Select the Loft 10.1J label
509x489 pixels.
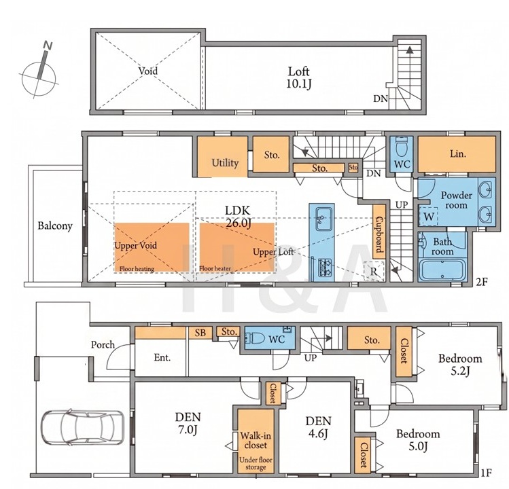coord(299,77)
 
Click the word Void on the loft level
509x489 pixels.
coord(148,71)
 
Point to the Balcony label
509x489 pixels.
coord(55,226)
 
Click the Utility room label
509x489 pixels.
coord(225,162)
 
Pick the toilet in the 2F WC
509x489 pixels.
coord(402,147)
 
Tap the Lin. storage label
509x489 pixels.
coord(458,153)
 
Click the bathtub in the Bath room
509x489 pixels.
coord(443,270)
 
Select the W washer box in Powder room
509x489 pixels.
coord(429,216)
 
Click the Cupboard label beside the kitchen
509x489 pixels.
coord(379,232)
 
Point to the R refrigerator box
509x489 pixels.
coord(374,271)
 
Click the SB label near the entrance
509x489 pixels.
coord(200,333)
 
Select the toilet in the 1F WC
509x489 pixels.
coord(256,339)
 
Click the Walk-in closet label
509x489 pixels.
coord(256,440)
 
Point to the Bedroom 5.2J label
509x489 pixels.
coord(460,365)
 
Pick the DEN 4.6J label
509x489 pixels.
coord(319,427)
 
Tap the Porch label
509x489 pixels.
coord(103,344)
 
